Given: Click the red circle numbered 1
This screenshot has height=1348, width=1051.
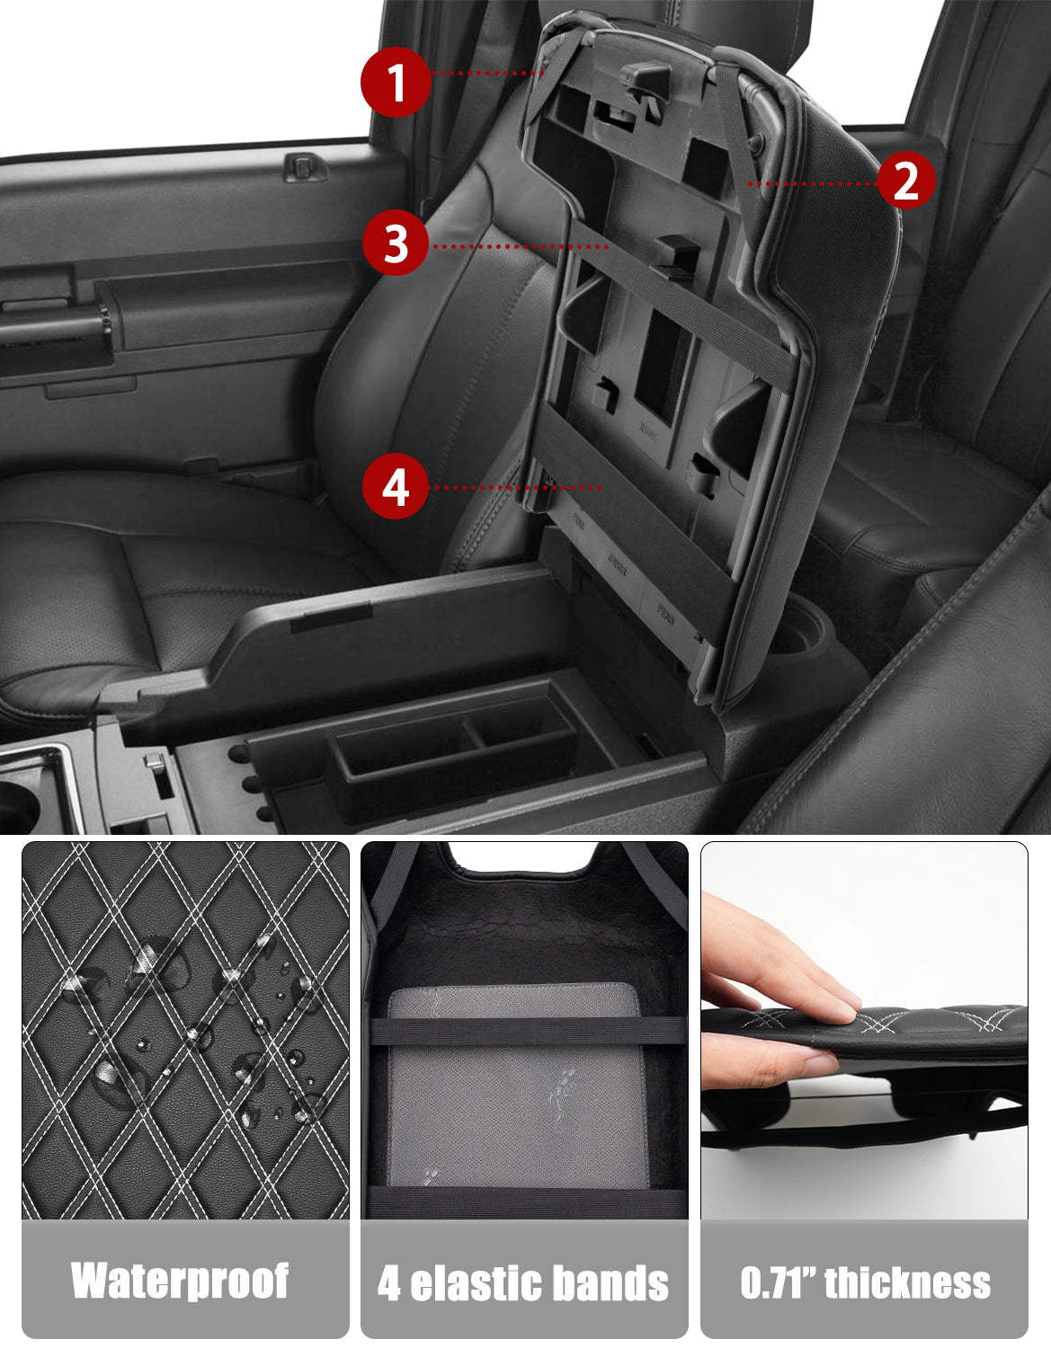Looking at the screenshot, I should [396, 83].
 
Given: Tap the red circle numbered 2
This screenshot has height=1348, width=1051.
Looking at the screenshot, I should [905, 181].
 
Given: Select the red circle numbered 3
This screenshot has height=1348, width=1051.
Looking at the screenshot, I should [396, 244].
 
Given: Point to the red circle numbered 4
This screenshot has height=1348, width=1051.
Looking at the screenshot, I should [396, 486].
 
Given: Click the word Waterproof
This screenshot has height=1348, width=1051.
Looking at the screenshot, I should [181, 1281].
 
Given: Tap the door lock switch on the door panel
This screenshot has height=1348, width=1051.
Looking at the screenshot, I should [305, 167].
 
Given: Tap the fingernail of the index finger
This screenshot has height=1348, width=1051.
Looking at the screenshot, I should [842, 1008].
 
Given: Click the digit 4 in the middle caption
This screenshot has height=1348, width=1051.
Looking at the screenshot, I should [388, 1282].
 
